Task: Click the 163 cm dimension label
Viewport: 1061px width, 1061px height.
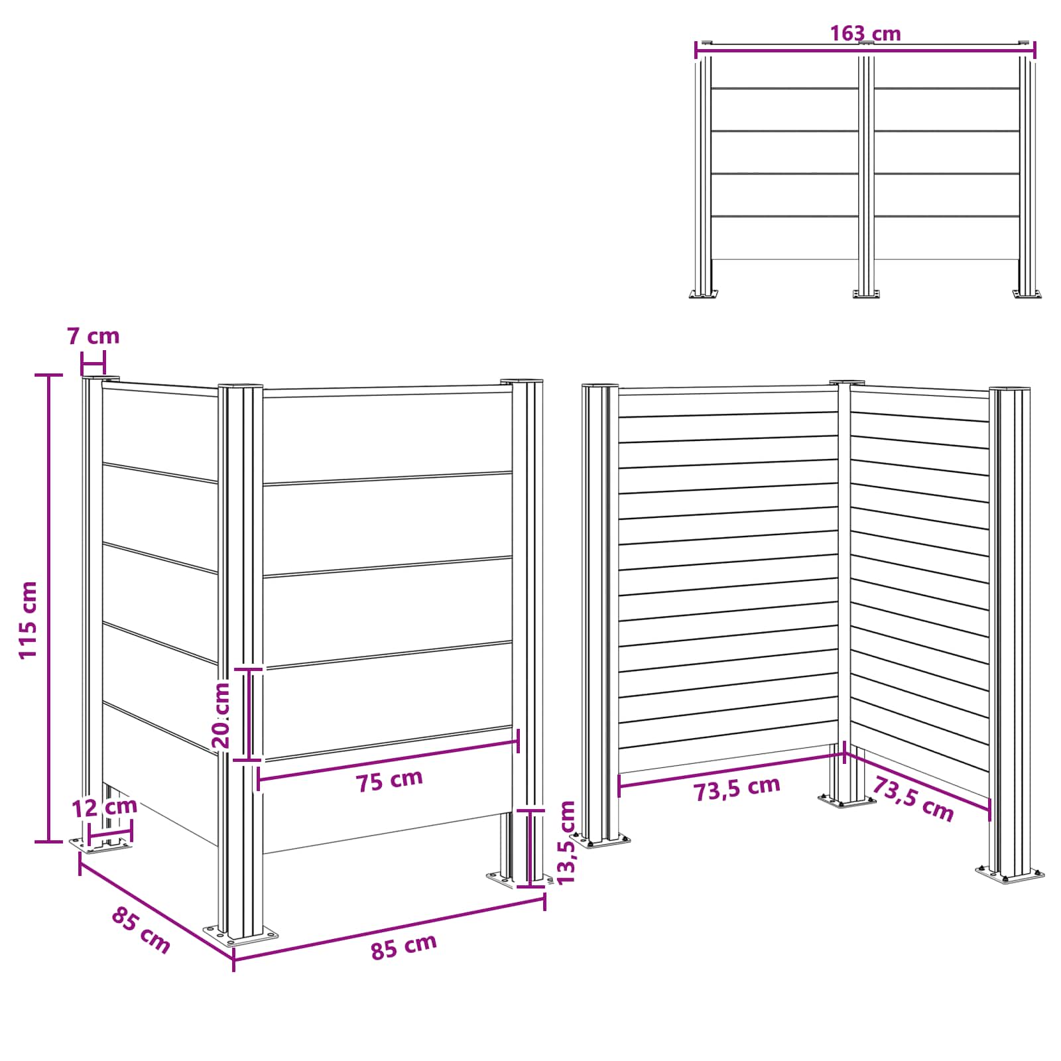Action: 865,32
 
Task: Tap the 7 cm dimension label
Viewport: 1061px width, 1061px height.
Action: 94,336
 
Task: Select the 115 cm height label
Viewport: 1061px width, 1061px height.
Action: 29,619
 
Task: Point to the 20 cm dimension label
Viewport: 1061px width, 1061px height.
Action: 221,715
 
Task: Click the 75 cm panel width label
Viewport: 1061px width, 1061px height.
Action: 389,780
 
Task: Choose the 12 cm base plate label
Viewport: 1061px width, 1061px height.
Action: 104,807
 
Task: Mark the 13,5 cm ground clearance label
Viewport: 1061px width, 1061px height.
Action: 567,842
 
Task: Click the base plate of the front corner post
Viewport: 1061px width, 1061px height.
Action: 241,935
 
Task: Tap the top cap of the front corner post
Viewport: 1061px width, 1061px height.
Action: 240,386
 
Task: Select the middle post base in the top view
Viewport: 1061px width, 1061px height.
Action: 865,293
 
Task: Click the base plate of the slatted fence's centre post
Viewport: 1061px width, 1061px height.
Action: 846,801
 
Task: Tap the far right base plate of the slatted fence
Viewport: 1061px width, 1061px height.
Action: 1010,873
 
